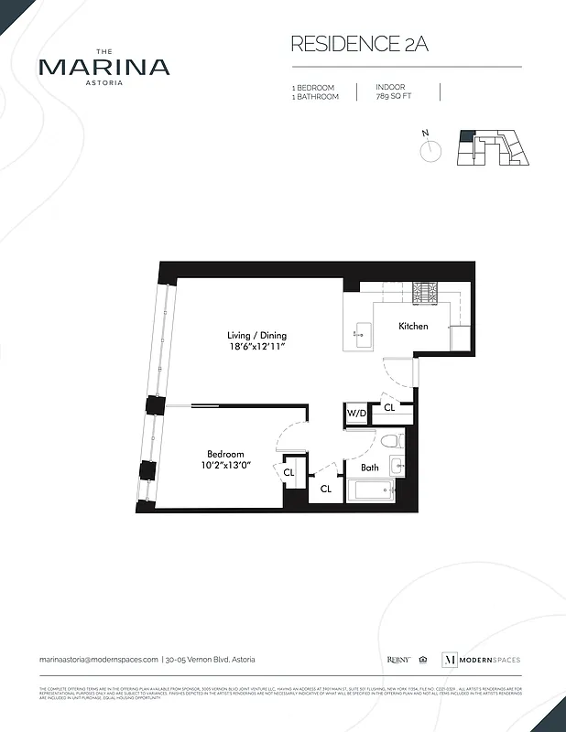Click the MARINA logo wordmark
(103, 66)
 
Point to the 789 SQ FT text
(395, 96)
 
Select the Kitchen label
(413, 326)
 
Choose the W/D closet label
(356, 414)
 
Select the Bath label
(369, 468)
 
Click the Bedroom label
(225, 455)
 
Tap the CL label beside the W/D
(388, 407)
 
